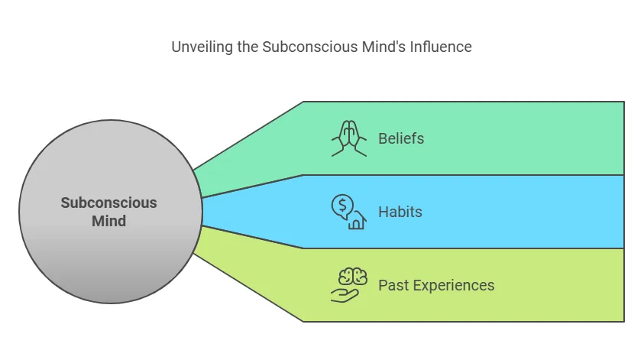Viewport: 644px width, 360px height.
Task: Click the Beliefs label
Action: point(401,138)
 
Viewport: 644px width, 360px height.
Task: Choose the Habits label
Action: point(400,212)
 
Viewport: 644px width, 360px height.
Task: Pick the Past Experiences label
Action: point(436,285)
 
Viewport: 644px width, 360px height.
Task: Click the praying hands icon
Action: point(348,138)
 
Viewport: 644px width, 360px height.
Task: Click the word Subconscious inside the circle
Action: point(108,203)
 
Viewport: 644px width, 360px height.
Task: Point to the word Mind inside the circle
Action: point(108,222)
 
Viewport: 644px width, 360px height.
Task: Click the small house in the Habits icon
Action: point(357,222)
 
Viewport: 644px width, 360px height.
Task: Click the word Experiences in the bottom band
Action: point(452,285)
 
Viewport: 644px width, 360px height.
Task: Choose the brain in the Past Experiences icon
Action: point(350,276)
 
